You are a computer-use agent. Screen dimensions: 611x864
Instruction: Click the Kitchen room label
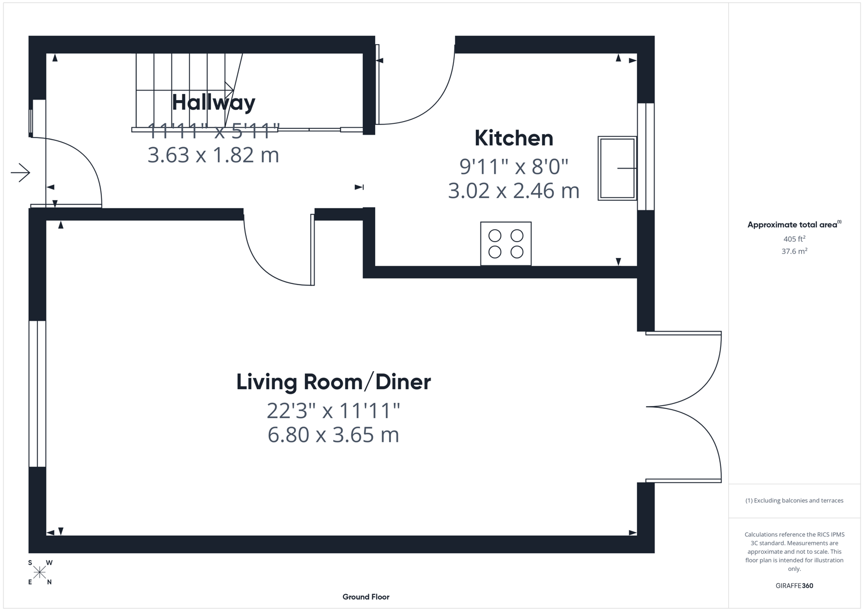point(514,138)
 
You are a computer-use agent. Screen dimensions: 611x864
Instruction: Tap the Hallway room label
point(213,102)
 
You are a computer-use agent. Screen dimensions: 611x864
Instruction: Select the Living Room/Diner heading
point(333,382)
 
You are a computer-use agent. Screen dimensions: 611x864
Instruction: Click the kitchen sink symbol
point(617,168)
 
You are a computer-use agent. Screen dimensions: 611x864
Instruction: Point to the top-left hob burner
point(495,235)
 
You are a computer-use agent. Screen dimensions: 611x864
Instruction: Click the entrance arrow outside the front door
point(20,173)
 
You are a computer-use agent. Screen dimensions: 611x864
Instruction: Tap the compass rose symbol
point(40,573)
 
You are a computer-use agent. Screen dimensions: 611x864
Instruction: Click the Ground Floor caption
point(366,597)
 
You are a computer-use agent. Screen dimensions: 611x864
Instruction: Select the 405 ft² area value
point(794,239)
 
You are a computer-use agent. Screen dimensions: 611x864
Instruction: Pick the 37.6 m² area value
point(794,251)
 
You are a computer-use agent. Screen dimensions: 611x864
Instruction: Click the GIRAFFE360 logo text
point(794,586)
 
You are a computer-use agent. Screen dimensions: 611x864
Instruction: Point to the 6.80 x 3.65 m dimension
point(333,435)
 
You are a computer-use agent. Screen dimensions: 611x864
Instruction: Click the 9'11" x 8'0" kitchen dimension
point(514,167)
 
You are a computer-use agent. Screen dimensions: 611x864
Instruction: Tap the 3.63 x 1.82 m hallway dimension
point(213,155)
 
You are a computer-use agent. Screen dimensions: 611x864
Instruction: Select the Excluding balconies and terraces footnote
point(794,501)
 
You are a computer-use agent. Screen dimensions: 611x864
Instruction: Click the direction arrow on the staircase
point(229,90)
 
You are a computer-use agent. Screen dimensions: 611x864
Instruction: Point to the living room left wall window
point(37,394)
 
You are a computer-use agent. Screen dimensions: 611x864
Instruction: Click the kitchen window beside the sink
point(646,157)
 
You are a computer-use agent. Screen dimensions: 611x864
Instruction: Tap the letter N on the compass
point(49,582)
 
